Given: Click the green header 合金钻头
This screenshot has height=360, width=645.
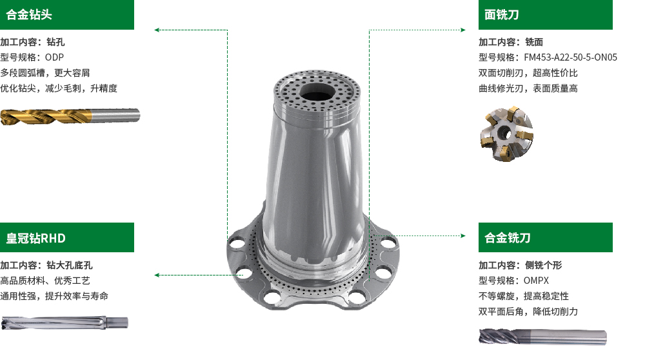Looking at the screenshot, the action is (67, 15).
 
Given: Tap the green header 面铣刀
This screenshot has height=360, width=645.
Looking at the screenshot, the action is (546, 15).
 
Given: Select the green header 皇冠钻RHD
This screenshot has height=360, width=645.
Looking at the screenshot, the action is (67, 237).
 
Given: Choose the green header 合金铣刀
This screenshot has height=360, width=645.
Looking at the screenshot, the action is (546, 237).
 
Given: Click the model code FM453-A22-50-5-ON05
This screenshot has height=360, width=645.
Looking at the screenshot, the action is (571, 57).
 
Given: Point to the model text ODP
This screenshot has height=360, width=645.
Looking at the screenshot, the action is (54, 57).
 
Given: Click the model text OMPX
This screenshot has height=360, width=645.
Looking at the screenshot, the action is (536, 281).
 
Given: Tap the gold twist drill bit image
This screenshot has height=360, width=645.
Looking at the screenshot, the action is (70, 116).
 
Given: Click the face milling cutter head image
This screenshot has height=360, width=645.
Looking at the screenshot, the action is (507, 134).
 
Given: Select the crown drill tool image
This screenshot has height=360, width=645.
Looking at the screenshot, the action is (64, 323).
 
